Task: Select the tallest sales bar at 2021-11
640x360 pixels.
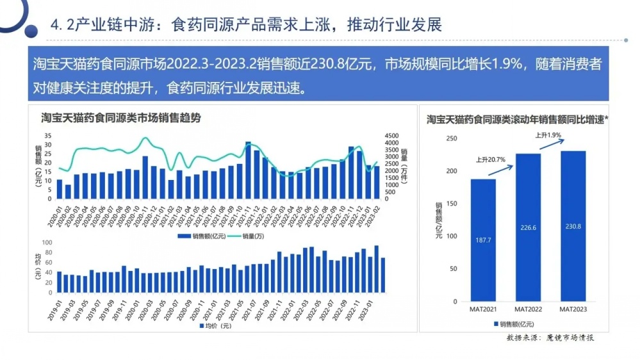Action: coord(248,170)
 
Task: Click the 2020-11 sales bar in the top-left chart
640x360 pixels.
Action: coord(145,177)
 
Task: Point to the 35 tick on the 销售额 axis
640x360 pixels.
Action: coord(47,136)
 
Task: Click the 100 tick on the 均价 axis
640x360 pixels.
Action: coord(46,243)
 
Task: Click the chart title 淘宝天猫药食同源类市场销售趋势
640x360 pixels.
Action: coord(120,118)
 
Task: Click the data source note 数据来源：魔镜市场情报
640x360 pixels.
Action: coord(549,338)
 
